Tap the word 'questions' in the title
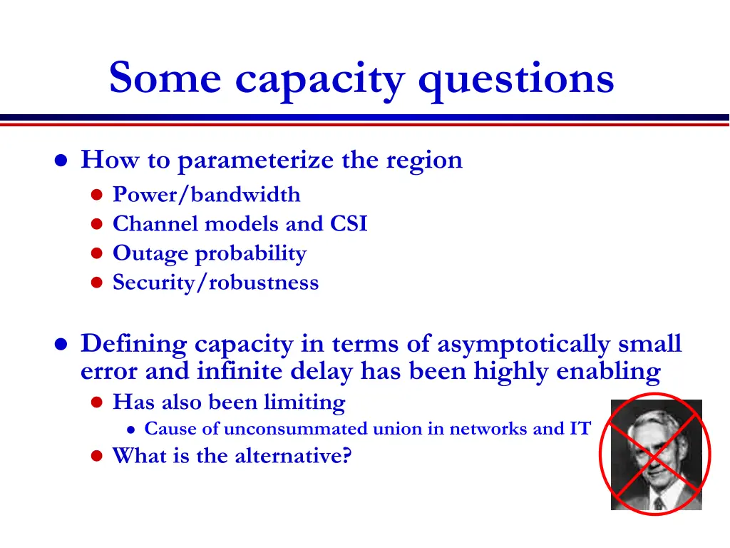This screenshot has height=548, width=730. coord(515,80)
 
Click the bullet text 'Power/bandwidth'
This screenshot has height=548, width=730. coord(207,195)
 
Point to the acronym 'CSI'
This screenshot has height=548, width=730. coord(349,224)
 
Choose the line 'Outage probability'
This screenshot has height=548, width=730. coord(210,253)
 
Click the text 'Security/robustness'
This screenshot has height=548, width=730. coord(216,283)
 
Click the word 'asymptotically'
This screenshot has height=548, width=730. coord(523,344)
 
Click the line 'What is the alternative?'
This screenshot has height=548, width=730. coord(232,455)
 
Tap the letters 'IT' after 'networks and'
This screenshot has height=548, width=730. coord(581,429)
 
